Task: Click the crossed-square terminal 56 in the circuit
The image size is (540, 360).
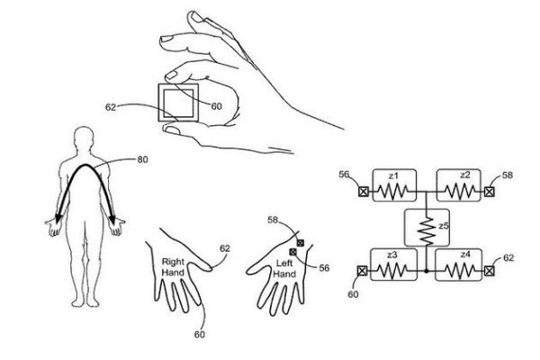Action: (364, 192)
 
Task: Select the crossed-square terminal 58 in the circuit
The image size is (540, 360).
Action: (490, 192)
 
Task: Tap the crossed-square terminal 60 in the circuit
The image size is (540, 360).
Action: (363, 270)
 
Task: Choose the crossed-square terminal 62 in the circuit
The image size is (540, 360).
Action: (490, 270)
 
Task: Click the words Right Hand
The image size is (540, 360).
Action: (174, 267)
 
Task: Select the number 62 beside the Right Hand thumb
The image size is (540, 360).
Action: (225, 248)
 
